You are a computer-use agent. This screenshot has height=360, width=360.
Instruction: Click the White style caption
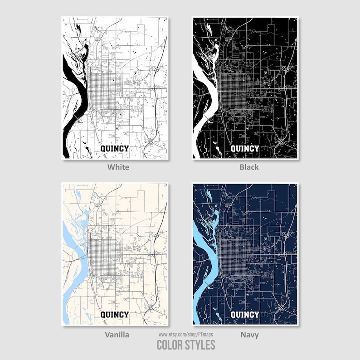pyautogui.click(x=118, y=167)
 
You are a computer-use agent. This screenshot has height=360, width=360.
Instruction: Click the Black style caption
pyautogui.click(x=249, y=167)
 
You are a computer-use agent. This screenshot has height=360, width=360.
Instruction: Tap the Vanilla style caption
pyautogui.click(x=117, y=335)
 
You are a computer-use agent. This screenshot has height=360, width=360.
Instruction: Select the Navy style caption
pyautogui.click(x=249, y=335)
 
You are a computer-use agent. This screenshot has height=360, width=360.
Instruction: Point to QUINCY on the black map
pyautogui.click(x=245, y=148)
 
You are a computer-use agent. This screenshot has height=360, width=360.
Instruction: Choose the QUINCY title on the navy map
pyautogui.click(x=245, y=315)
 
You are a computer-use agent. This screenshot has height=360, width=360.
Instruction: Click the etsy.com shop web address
pyautogui.click(x=186, y=334)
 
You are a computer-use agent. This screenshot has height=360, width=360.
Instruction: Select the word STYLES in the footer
pyautogui.click(x=200, y=345)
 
